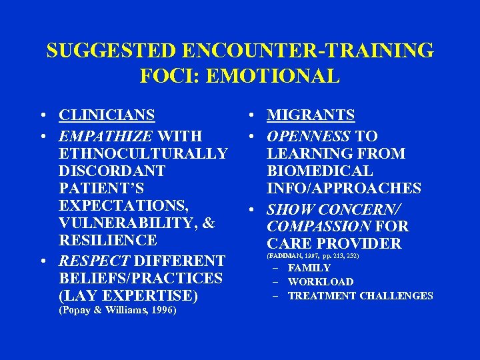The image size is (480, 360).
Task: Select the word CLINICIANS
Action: point(107,115)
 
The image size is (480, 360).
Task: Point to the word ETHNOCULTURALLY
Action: point(143,154)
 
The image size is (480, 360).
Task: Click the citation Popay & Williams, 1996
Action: point(118,310)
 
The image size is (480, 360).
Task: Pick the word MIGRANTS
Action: point(311,115)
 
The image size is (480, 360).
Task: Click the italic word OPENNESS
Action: point(308,137)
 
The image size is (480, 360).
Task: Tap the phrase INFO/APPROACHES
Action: point(344,189)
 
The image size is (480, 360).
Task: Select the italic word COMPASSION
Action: point(319,227)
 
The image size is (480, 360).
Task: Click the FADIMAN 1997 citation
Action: point(313,255)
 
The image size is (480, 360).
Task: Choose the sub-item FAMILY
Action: point(309,268)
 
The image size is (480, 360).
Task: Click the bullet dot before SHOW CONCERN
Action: point(255,210)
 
